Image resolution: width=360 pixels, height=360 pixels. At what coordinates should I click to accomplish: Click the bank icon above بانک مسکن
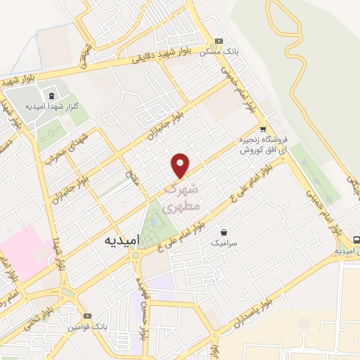pos(219,41)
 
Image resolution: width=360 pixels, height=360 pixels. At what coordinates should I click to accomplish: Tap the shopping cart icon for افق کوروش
pos(263,129)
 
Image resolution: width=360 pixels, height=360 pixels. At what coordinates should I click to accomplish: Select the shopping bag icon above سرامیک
pos(224,231)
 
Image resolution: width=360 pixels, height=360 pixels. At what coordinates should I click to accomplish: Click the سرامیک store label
pos(224,243)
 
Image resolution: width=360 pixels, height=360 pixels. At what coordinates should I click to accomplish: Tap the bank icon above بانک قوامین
pos(88,316)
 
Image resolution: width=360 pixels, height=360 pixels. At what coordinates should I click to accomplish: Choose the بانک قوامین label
pos(87,328)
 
